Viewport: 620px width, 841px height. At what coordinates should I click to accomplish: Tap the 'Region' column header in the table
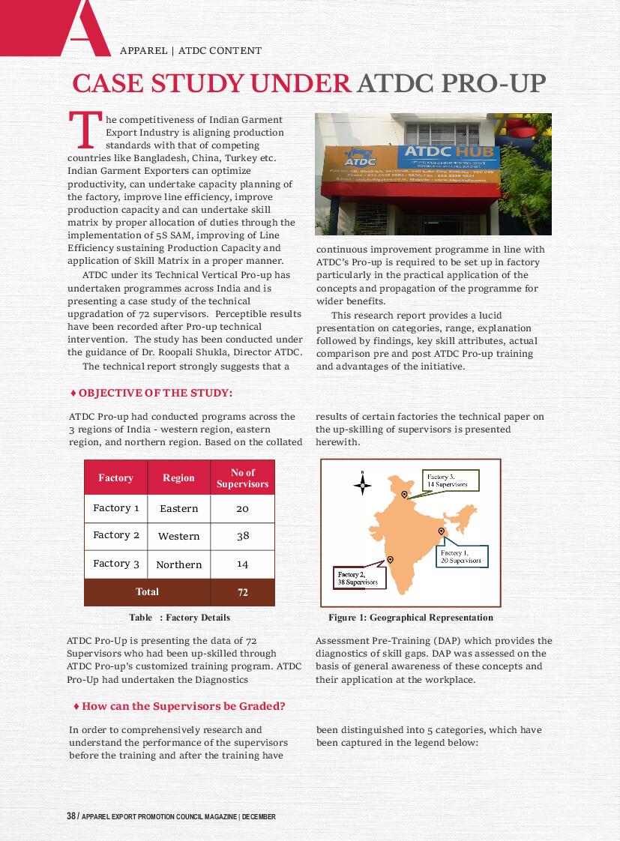(x=178, y=477)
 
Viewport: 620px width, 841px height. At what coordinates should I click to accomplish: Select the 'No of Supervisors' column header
(x=242, y=477)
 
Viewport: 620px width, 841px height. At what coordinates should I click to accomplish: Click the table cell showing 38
(x=242, y=536)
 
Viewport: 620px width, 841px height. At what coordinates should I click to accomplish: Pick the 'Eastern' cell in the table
(x=178, y=508)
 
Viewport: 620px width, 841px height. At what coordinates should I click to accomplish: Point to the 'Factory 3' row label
(x=116, y=564)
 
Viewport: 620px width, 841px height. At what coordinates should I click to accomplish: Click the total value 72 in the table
(x=242, y=592)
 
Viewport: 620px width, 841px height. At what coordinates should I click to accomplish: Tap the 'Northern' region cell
(x=178, y=564)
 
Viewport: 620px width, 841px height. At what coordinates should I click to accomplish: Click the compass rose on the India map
(x=362, y=484)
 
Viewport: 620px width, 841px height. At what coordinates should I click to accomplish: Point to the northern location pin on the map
(x=405, y=494)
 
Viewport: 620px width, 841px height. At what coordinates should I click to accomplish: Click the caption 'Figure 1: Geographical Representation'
(x=411, y=618)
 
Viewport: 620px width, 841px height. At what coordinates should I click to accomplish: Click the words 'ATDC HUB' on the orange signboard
(x=434, y=152)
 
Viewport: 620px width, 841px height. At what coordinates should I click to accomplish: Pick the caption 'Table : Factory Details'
(x=179, y=618)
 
